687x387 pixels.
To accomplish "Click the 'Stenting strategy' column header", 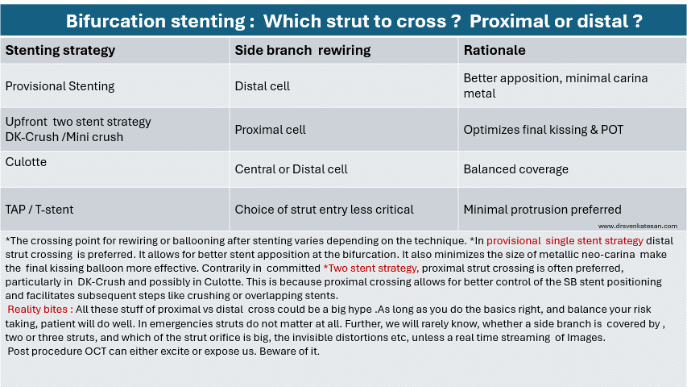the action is (60, 51).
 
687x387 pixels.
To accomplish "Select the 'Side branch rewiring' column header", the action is (302, 51).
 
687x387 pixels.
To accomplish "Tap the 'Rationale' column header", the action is (495, 51).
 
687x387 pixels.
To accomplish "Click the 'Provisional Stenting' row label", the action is (60, 86).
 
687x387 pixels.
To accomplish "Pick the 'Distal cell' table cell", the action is (262, 86).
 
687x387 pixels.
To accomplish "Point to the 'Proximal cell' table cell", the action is (270, 130).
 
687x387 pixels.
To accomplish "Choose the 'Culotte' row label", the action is (26, 162).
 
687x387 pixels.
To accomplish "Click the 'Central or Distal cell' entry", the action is (291, 169).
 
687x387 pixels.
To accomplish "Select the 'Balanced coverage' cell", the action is (515, 169).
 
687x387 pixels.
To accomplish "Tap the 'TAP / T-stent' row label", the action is (39, 210).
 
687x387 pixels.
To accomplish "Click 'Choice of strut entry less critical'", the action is (324, 210).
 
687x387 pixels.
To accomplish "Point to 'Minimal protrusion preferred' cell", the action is (542, 210).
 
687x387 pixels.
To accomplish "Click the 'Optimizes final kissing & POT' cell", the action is (544, 130).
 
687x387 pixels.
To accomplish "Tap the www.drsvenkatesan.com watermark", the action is (638, 226).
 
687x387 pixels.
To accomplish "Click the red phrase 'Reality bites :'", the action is (40, 310).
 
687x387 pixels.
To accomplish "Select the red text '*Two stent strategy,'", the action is (371, 268).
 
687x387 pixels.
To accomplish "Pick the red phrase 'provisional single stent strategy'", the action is (565, 241).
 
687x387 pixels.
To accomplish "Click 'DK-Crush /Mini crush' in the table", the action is (64, 137).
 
